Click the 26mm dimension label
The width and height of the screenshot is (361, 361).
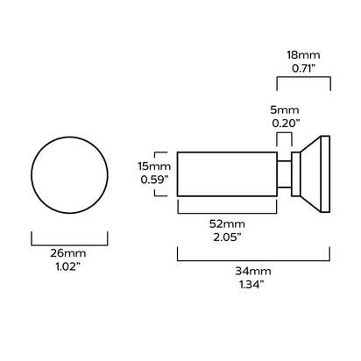tap(67, 253)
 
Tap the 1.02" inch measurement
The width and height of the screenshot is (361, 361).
tap(67, 266)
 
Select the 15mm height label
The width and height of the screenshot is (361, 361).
tap(154, 166)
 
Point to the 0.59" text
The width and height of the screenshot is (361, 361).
tap(154, 180)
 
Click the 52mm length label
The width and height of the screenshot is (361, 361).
tap(227, 224)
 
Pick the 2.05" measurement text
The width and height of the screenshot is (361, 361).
tap(227, 237)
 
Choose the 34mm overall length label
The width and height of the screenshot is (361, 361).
tap(253, 271)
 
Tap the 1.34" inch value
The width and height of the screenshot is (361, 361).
tap(251, 284)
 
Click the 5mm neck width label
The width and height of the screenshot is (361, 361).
tap(284, 110)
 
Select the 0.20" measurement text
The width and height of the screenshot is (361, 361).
tap(286, 124)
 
